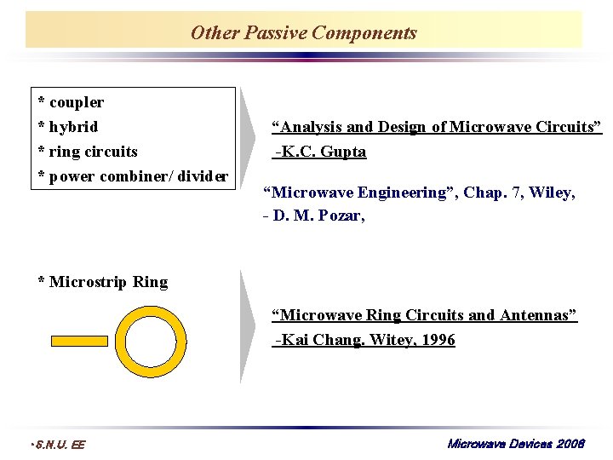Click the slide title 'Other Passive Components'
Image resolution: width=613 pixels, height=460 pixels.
[x=304, y=32]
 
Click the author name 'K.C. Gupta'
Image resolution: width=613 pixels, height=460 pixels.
[x=324, y=152]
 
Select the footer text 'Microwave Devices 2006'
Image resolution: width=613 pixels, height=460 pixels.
[x=516, y=444]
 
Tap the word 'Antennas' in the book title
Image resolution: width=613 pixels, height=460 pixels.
[x=539, y=315]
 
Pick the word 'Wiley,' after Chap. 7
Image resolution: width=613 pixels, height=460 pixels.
[x=552, y=193]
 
